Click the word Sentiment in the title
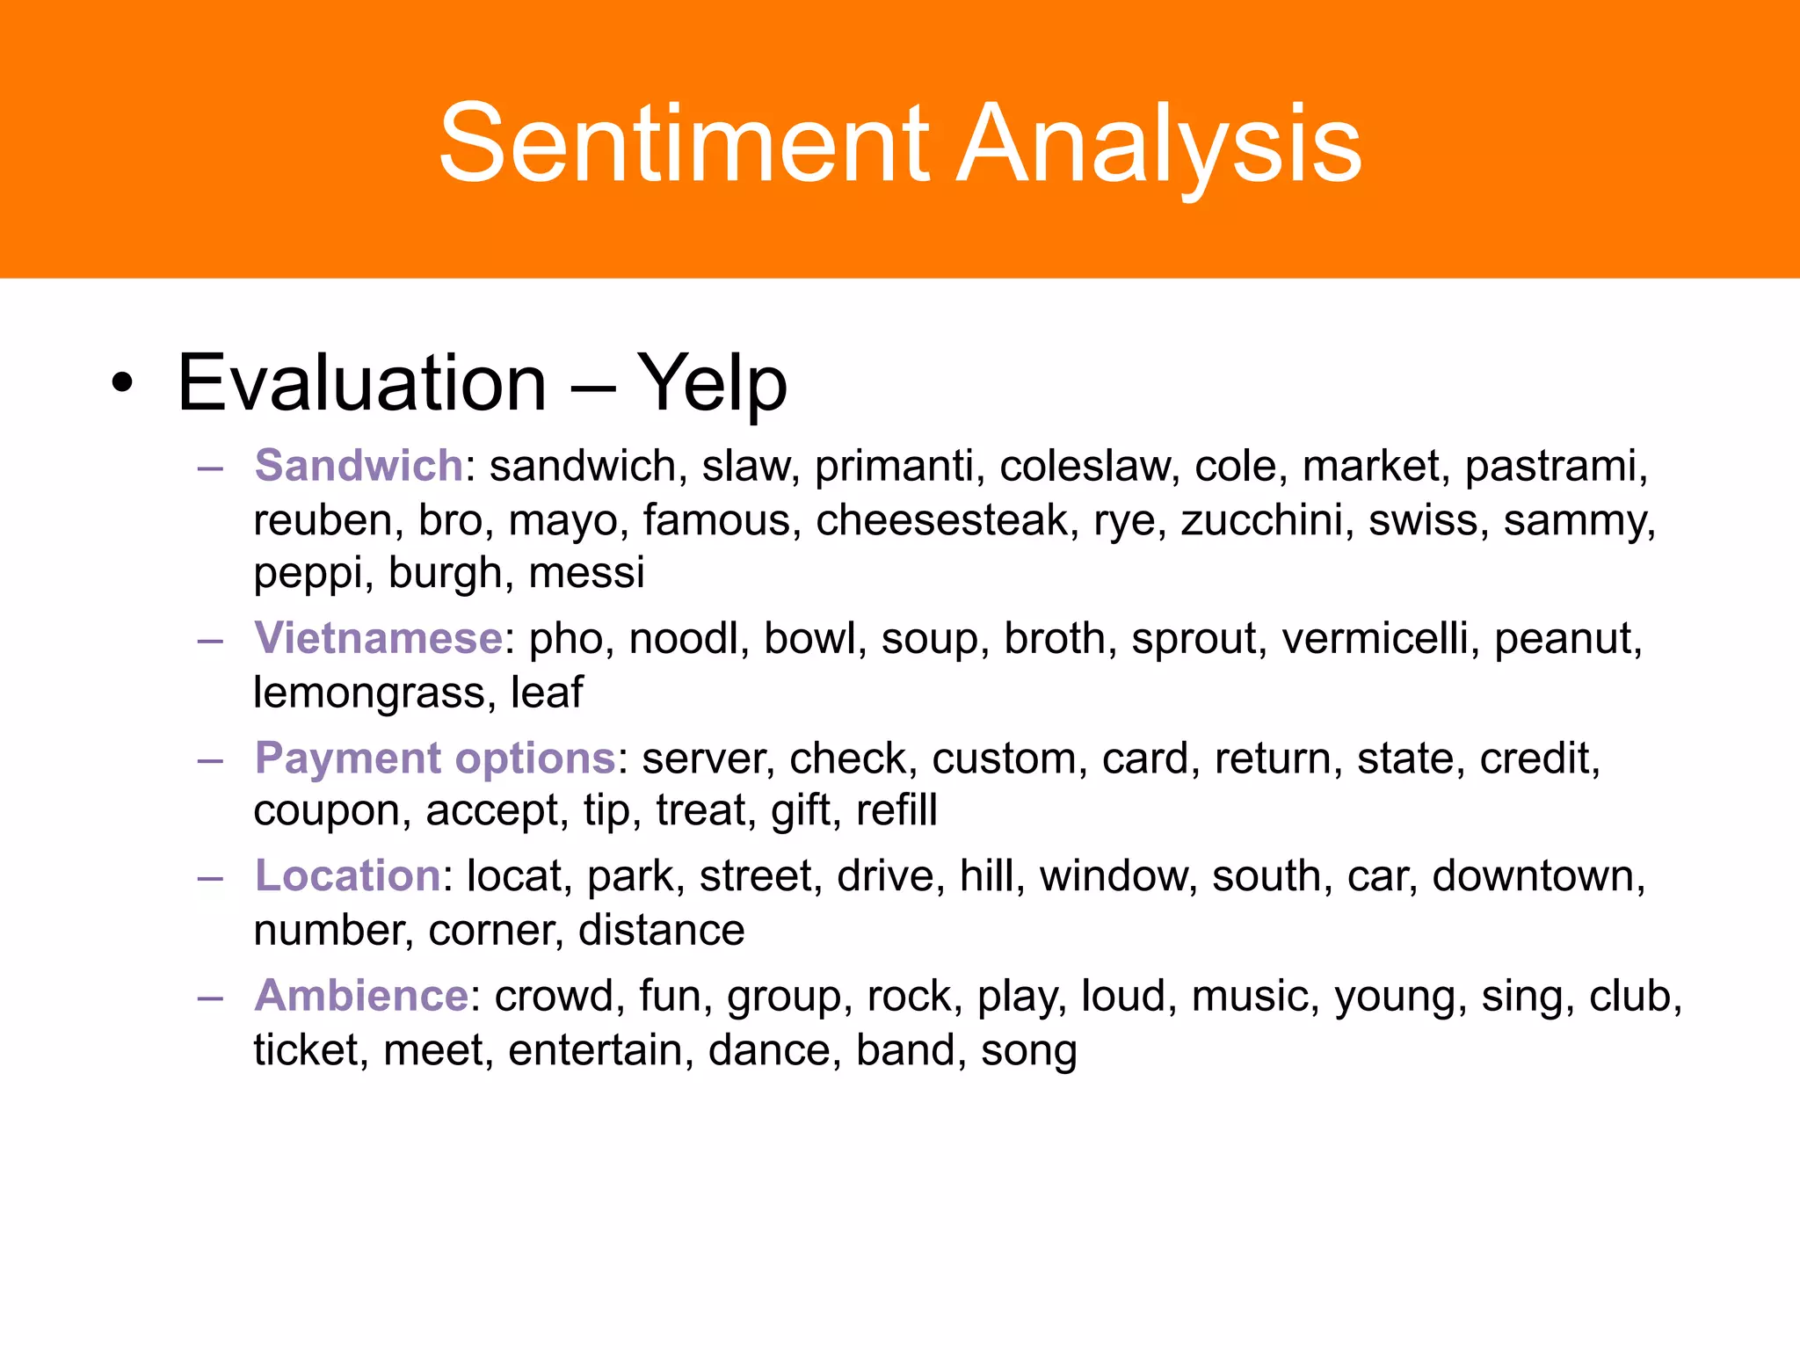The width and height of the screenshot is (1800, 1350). point(683,143)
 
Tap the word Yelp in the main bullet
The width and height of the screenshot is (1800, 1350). point(711,383)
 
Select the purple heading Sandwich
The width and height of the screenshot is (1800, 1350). point(359,465)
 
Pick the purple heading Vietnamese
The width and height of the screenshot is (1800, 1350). point(379,638)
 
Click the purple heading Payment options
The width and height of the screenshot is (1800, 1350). point(435,758)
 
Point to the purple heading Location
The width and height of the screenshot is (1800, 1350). point(348,875)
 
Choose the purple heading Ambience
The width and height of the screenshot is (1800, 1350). point(362,996)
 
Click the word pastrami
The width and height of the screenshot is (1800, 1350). point(1555,467)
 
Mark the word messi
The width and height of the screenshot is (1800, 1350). point(586,573)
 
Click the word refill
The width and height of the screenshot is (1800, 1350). point(896,810)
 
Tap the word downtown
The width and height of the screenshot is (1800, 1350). point(1537,876)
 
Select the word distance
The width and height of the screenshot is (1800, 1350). point(661,930)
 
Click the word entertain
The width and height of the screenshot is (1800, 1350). point(595,1050)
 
